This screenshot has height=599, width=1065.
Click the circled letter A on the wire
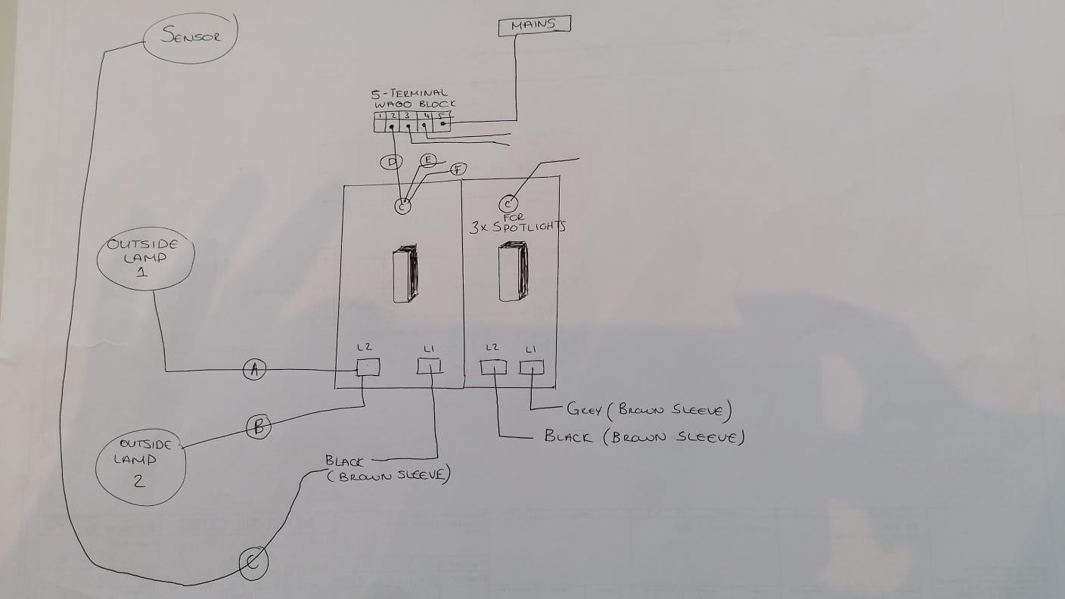(x=254, y=369)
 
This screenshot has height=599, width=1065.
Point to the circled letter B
(x=259, y=427)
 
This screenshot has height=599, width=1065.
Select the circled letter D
(x=391, y=163)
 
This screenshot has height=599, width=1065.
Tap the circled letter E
(x=428, y=160)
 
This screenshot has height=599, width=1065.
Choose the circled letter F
(x=458, y=169)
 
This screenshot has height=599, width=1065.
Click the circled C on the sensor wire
(x=253, y=563)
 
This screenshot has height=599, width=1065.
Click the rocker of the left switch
(x=405, y=273)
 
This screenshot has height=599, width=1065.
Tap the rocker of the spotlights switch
(x=513, y=272)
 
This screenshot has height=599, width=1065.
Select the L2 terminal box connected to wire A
(x=368, y=367)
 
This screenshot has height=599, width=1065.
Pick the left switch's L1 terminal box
(x=430, y=366)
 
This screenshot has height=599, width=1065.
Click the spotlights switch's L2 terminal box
(x=493, y=367)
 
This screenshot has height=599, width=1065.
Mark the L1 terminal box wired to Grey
(x=532, y=367)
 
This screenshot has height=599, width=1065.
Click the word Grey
(x=585, y=409)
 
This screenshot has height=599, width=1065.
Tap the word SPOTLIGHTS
(x=529, y=227)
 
